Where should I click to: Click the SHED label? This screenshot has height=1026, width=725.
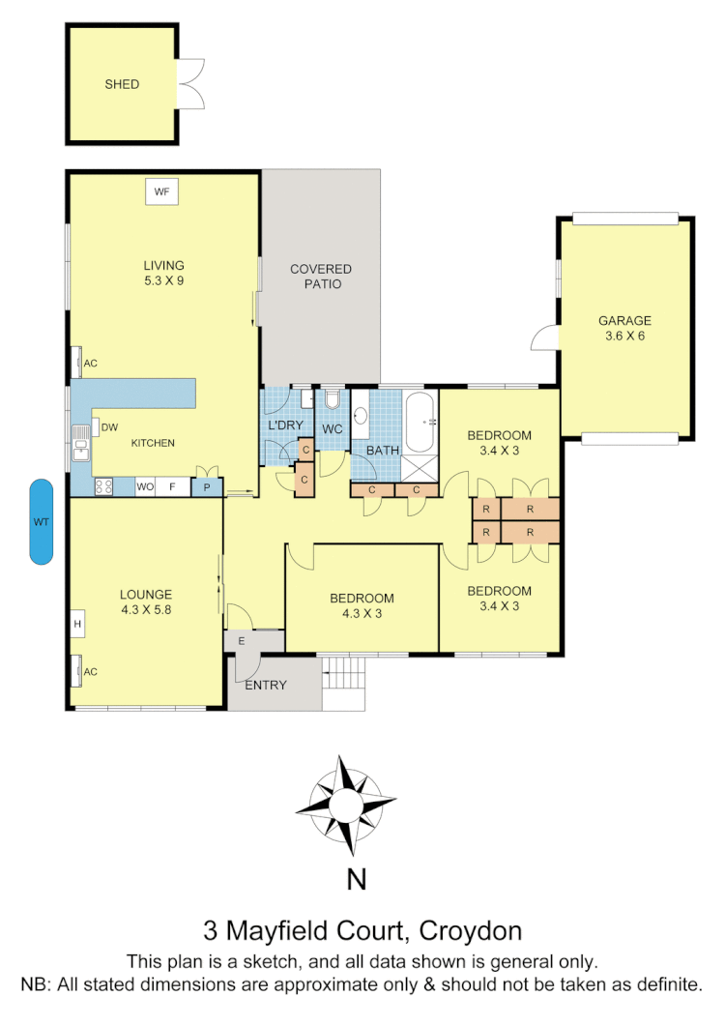click(122, 84)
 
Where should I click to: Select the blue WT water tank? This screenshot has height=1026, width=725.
click(42, 522)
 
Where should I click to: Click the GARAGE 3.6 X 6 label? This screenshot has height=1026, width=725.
click(624, 328)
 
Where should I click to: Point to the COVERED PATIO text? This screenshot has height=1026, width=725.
click(321, 277)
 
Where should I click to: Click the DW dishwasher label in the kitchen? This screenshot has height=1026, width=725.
click(109, 426)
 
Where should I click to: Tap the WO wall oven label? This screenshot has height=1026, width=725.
click(146, 486)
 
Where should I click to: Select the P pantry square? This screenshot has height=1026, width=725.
click(207, 487)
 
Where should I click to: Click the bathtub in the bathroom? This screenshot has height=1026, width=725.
click(420, 423)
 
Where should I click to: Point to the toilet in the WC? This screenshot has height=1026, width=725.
click(333, 401)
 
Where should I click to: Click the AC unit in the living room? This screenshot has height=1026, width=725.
click(78, 364)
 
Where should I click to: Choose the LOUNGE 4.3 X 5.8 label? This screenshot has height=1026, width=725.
click(146, 601)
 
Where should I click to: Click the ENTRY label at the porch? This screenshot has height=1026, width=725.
click(266, 686)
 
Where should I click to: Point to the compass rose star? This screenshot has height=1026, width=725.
click(345, 805)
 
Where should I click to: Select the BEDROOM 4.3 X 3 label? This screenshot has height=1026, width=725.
click(362, 605)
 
